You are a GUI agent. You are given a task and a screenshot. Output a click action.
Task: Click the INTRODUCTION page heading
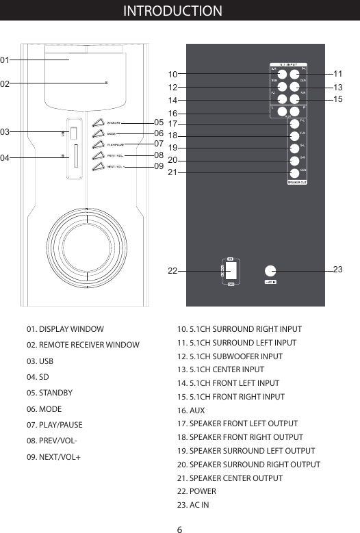(172, 11)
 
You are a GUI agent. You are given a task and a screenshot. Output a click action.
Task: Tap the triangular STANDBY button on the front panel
(99, 122)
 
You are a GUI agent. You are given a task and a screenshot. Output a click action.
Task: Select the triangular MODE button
(99, 133)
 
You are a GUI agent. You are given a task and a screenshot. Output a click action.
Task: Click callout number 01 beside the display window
(5, 60)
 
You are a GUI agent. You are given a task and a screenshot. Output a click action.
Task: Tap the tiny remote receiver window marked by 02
(106, 83)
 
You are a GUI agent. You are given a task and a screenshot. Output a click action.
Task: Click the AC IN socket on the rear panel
(270, 271)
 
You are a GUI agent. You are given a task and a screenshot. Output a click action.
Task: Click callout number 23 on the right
(338, 270)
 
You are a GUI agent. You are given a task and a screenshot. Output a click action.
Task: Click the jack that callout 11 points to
(294, 74)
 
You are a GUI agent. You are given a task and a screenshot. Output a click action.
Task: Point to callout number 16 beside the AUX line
(172, 113)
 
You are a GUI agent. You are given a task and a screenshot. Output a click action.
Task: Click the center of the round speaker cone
(88, 244)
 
